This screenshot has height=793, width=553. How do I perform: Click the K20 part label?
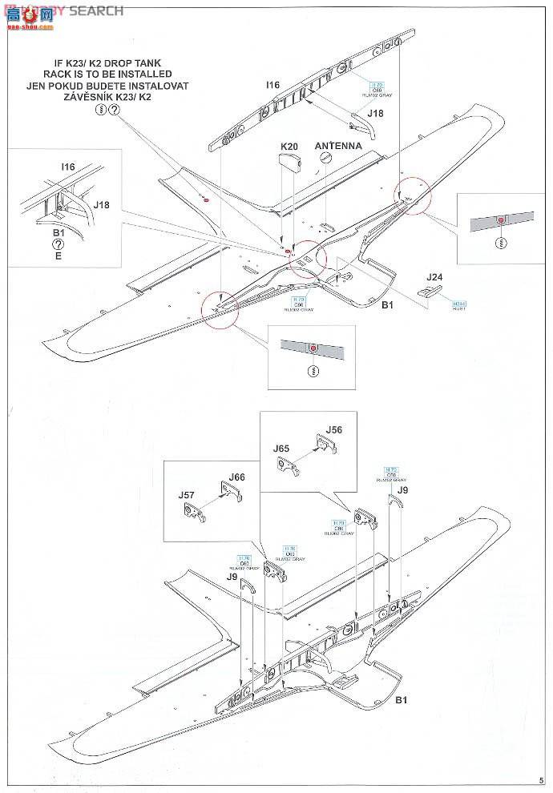tap(289, 146)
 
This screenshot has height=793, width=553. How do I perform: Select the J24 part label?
tap(434, 277)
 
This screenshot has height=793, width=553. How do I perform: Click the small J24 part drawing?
tap(429, 292)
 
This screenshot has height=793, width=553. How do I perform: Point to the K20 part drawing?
tap(289, 164)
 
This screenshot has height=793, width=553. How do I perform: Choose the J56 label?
tap(334, 429)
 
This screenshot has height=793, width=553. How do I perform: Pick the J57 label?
tap(186, 495)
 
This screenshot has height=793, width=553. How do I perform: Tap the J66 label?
tap(236, 477)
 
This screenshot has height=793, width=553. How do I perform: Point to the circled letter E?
tap(59, 257)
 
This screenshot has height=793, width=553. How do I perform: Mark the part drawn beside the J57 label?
tap(197, 513)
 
